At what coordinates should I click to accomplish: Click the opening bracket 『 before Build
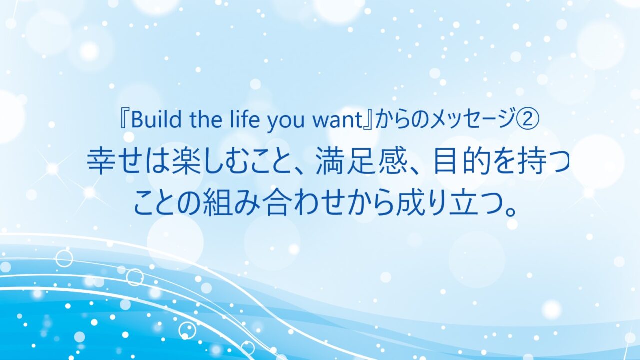[124, 120]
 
